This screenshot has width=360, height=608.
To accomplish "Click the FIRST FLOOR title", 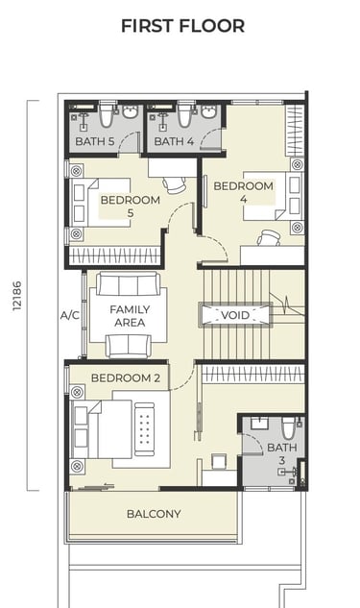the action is [183, 26].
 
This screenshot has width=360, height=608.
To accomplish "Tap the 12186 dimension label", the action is [17, 296].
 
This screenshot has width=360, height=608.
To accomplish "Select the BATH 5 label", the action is [94, 141].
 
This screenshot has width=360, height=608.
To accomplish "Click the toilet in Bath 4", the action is [184, 114].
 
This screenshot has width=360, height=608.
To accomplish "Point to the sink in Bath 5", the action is [132, 111].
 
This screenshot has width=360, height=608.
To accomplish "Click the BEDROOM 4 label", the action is [243, 192].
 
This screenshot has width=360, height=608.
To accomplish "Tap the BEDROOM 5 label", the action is [131, 207].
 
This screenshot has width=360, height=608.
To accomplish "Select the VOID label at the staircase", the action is [235, 314].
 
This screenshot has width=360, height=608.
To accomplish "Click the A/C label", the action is [70, 316].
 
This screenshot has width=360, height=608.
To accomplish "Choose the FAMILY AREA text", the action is [130, 316].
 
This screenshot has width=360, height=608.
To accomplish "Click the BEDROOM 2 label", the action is [126, 378].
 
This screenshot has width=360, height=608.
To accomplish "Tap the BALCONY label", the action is [154, 514].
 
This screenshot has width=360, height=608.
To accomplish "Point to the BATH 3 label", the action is [282, 453].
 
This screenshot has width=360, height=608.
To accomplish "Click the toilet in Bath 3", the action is [289, 427].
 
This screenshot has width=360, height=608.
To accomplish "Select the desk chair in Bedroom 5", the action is [175, 184].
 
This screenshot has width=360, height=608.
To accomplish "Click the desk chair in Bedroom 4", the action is [269, 237].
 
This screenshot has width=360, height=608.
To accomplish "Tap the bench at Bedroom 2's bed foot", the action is [145, 429].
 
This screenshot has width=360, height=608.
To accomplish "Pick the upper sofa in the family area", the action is [129, 284].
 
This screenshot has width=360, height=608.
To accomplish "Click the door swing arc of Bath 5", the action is [127, 139].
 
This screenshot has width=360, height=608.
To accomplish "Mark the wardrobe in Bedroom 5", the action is [114, 255].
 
